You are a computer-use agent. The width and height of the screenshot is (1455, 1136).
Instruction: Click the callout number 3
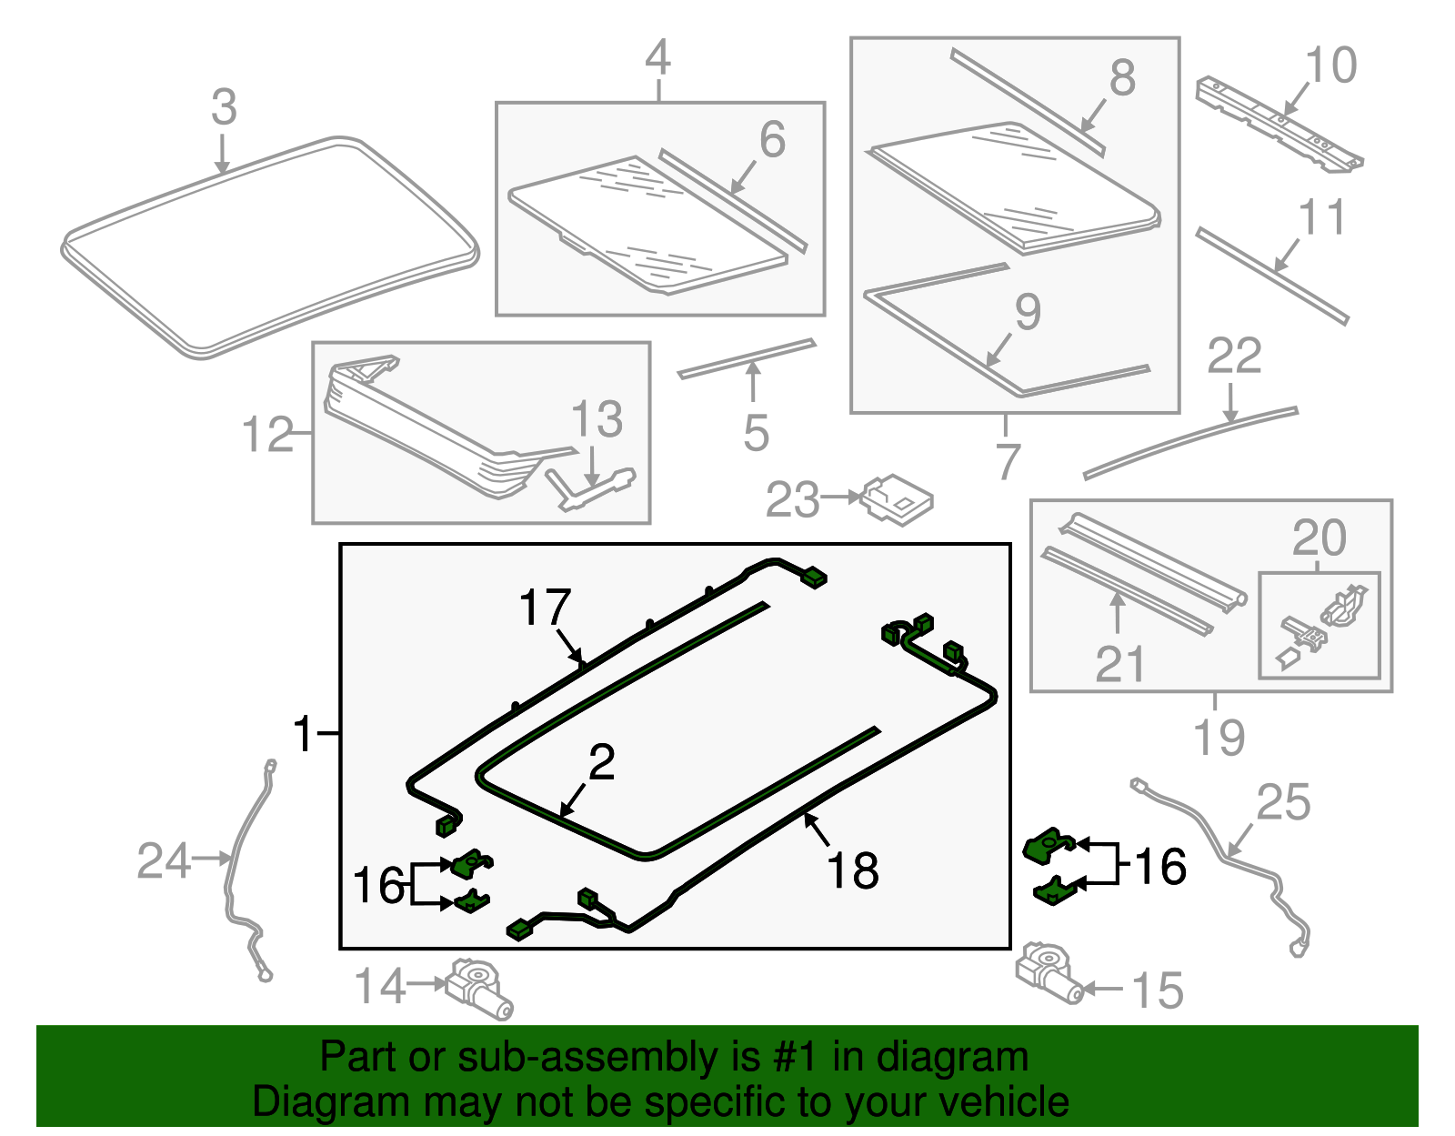pyautogui.click(x=224, y=107)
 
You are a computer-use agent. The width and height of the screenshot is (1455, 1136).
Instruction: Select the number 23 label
pyautogui.click(x=792, y=500)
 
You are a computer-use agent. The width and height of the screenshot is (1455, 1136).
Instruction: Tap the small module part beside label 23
pyautogui.click(x=897, y=499)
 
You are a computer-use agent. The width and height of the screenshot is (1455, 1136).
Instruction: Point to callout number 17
pyautogui.click(x=545, y=608)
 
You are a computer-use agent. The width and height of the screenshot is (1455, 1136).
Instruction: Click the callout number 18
pyautogui.click(x=852, y=870)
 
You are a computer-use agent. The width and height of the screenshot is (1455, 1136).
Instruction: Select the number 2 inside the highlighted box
pyautogui.click(x=602, y=762)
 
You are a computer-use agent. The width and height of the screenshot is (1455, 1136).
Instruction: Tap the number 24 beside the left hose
pyautogui.click(x=164, y=860)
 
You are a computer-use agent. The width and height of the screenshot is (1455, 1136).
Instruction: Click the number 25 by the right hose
pyautogui.click(x=1283, y=803)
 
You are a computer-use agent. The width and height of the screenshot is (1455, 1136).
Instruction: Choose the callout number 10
pyautogui.click(x=1330, y=65)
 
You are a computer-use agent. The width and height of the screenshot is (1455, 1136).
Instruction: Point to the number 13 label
pyautogui.click(x=597, y=420)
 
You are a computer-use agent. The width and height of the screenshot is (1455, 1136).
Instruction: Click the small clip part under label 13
pyautogui.click(x=589, y=488)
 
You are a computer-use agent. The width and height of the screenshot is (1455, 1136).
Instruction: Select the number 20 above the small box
pyautogui.click(x=1319, y=538)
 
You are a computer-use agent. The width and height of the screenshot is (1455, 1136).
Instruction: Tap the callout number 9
pyautogui.click(x=1028, y=313)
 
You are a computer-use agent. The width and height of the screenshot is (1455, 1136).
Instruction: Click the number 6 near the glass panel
pyautogui.click(x=772, y=140)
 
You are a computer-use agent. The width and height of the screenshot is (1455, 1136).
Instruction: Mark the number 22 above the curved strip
pyautogui.click(x=1234, y=356)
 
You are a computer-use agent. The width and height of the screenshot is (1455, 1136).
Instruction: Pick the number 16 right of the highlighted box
pyautogui.click(x=1160, y=866)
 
